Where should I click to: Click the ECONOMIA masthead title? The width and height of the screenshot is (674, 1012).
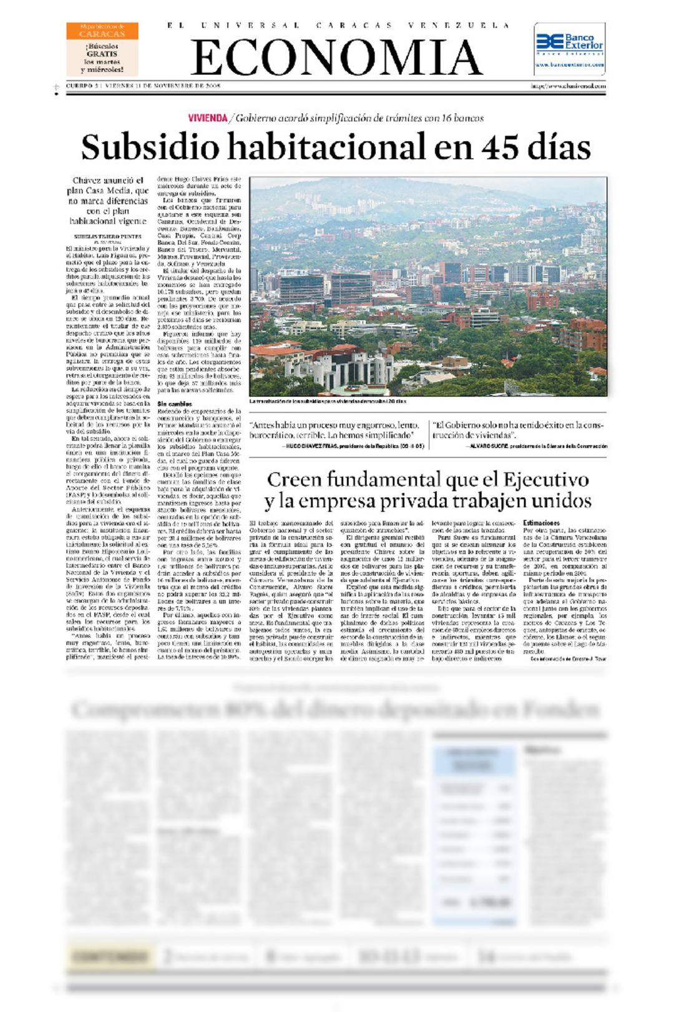(x=337, y=57)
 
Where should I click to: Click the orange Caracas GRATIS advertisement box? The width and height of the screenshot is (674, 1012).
(x=102, y=49)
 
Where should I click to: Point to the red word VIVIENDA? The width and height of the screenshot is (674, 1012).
(x=208, y=118)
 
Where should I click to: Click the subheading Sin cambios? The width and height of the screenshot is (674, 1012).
(x=175, y=404)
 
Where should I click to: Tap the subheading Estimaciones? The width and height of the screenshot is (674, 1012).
(x=541, y=523)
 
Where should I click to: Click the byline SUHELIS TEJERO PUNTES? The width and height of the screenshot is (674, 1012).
(x=107, y=237)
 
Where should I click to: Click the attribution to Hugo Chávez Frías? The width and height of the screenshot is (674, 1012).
(x=354, y=446)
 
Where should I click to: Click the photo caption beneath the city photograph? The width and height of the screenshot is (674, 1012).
(x=328, y=401)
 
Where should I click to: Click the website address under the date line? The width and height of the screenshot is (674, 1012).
(x=568, y=86)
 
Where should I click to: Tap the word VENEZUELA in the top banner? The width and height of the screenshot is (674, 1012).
(x=459, y=26)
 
